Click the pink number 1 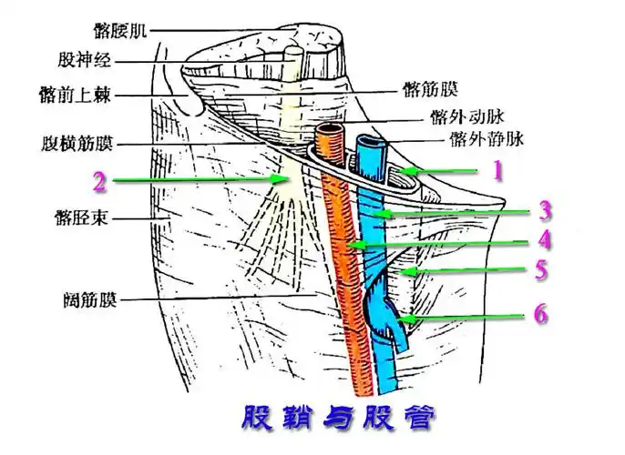497,171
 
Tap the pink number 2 99,181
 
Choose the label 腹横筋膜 78,144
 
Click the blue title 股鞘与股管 336,419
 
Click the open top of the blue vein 372,144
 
